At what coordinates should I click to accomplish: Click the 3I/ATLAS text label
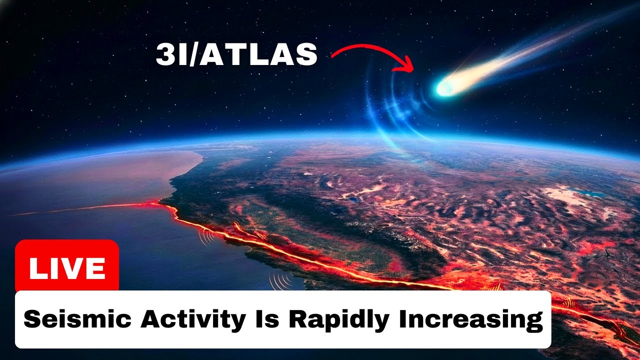coord(236,54)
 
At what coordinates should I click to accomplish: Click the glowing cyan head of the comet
coord(445,87)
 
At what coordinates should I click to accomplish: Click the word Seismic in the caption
coord(77,318)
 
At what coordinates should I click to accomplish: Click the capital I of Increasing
coord(402,318)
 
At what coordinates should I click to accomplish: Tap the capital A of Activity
coord(151,318)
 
